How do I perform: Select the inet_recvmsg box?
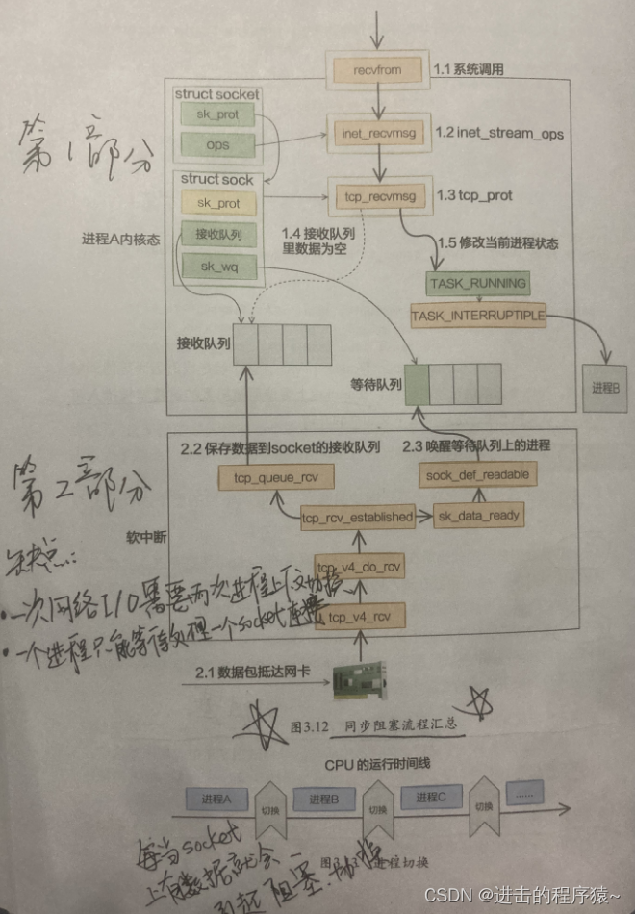click(379, 133)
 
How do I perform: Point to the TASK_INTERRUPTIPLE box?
click(478, 315)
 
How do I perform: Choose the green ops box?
click(218, 145)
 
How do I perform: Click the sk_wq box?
click(217, 266)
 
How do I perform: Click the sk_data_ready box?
click(478, 516)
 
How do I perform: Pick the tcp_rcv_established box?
click(357, 517)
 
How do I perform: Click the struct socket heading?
click(216, 94)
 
